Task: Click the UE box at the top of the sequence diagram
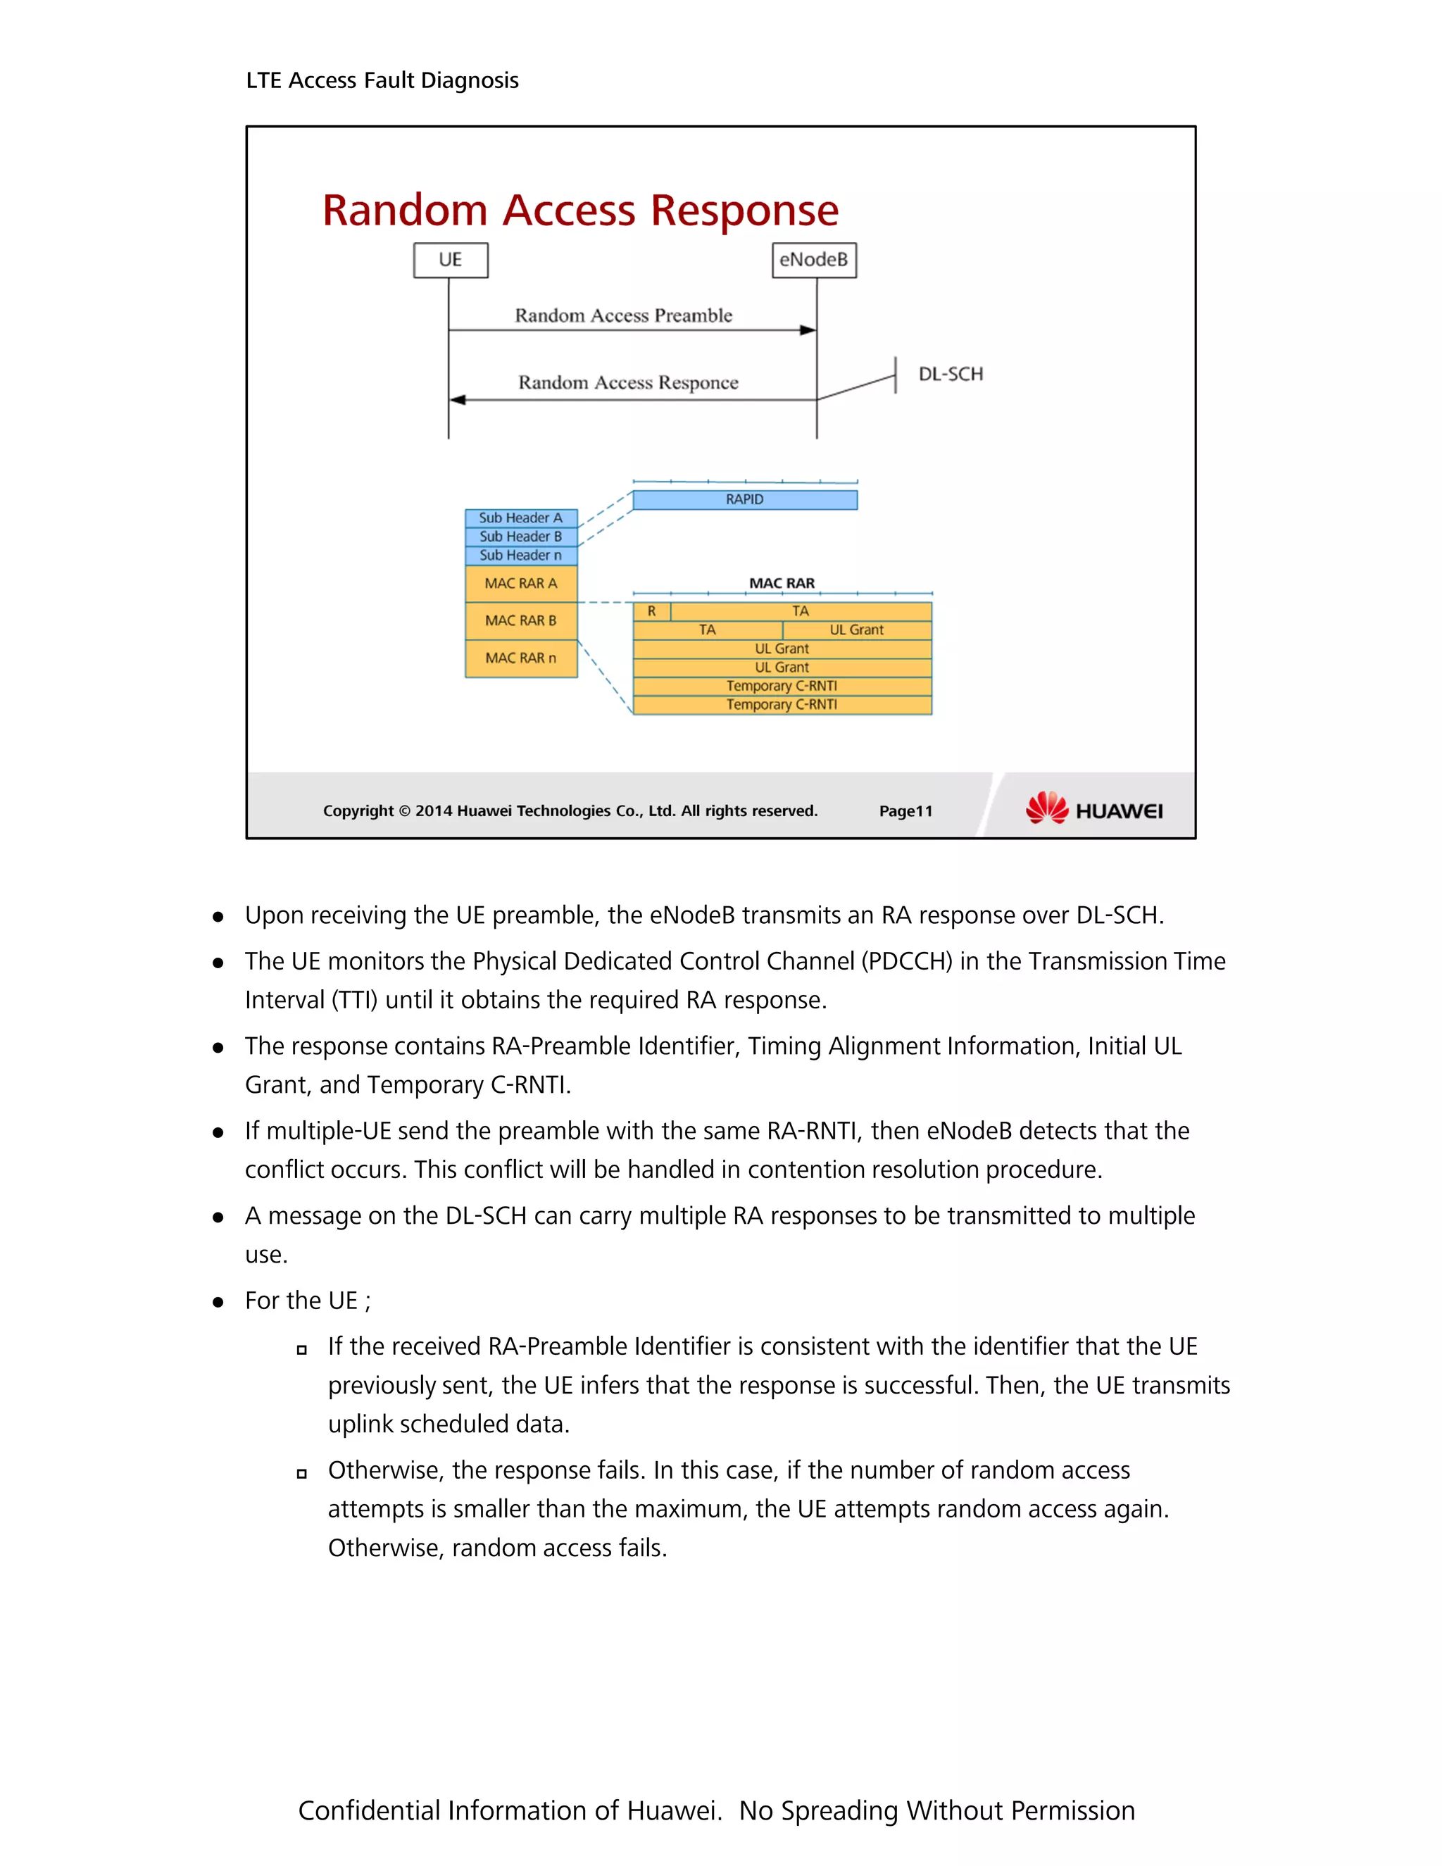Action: pyautogui.click(x=450, y=260)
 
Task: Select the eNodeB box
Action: pyautogui.click(x=813, y=260)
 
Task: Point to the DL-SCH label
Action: pyautogui.click(x=950, y=374)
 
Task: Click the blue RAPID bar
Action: pyautogui.click(x=744, y=500)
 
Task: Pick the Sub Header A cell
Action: pyautogui.click(x=520, y=518)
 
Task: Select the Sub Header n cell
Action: pyautogui.click(x=520, y=556)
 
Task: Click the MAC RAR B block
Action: pyautogui.click(x=520, y=620)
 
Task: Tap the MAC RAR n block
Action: pyautogui.click(x=520, y=658)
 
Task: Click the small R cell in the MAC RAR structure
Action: pyautogui.click(x=652, y=611)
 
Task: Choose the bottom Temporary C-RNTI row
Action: pyautogui.click(x=782, y=705)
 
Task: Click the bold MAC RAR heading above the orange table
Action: pyautogui.click(x=782, y=583)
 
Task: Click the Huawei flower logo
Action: pyautogui.click(x=1046, y=808)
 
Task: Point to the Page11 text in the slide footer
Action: pyautogui.click(x=905, y=810)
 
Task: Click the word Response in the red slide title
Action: pyautogui.click(x=744, y=210)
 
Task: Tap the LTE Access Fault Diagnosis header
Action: pyautogui.click(x=382, y=80)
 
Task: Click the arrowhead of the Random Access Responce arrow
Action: pyautogui.click(x=458, y=400)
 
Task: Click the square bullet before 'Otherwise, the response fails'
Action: pyautogui.click(x=301, y=1473)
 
